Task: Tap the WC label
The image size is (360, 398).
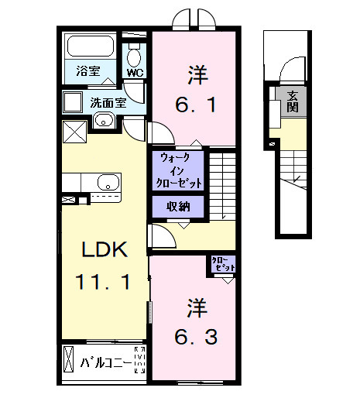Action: click(135, 74)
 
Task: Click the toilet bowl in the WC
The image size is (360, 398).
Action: click(135, 56)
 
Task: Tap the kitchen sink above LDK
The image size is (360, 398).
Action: click(107, 183)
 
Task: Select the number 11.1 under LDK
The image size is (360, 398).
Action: click(103, 281)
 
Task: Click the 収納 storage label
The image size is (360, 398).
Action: click(179, 206)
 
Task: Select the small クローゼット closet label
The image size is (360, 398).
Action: click(221, 265)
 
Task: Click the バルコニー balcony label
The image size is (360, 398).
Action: click(108, 361)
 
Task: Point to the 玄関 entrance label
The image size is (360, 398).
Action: click(293, 101)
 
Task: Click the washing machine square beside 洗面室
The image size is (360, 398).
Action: click(74, 102)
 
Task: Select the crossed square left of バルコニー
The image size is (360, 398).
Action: click(70, 362)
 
